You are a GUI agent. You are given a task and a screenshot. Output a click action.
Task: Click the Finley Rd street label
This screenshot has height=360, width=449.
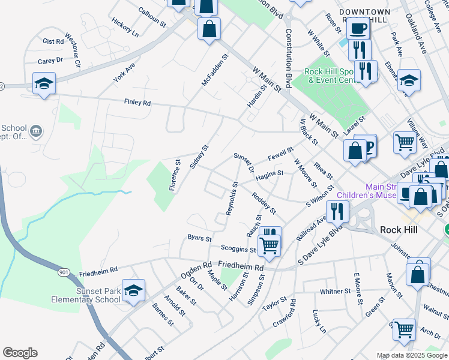tap(137, 103)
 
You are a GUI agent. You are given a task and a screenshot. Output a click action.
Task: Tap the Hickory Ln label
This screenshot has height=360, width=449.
tap(125, 28)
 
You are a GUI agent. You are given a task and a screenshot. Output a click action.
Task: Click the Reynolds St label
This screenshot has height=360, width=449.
tap(232, 198)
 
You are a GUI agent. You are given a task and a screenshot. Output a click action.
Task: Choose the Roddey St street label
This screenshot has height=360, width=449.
tap(264, 203)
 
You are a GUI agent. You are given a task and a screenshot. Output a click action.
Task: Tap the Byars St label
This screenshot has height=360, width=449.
tap(200, 238)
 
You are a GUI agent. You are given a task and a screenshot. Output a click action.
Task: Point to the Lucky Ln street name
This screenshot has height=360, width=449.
tap(319, 322)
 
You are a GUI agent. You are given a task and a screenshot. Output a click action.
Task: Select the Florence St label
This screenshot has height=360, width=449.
tap(175, 175)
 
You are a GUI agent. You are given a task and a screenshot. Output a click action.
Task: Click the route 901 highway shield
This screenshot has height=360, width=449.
tap(64, 272)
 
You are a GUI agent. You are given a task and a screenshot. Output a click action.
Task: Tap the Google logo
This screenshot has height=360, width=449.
tap(20, 353)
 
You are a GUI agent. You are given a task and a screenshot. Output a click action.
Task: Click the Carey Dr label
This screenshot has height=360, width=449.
tap(50, 61)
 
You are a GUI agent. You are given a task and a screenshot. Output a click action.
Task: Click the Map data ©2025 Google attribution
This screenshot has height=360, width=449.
tap(412, 355)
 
